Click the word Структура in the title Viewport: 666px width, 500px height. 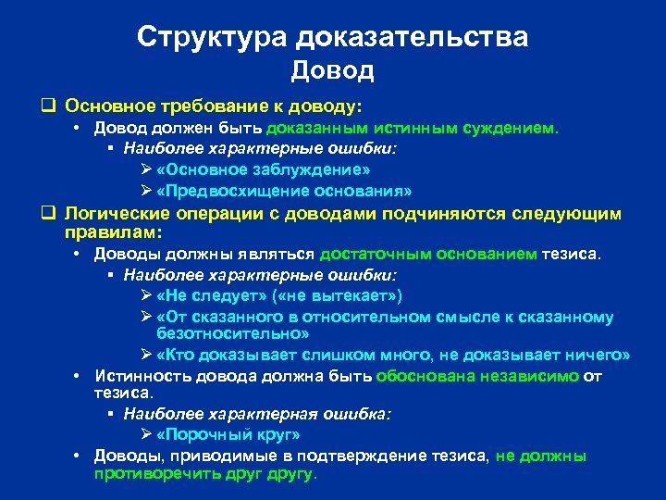[x=214, y=37]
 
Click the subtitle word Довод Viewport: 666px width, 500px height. [x=332, y=70]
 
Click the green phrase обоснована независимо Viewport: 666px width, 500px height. [x=477, y=376]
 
